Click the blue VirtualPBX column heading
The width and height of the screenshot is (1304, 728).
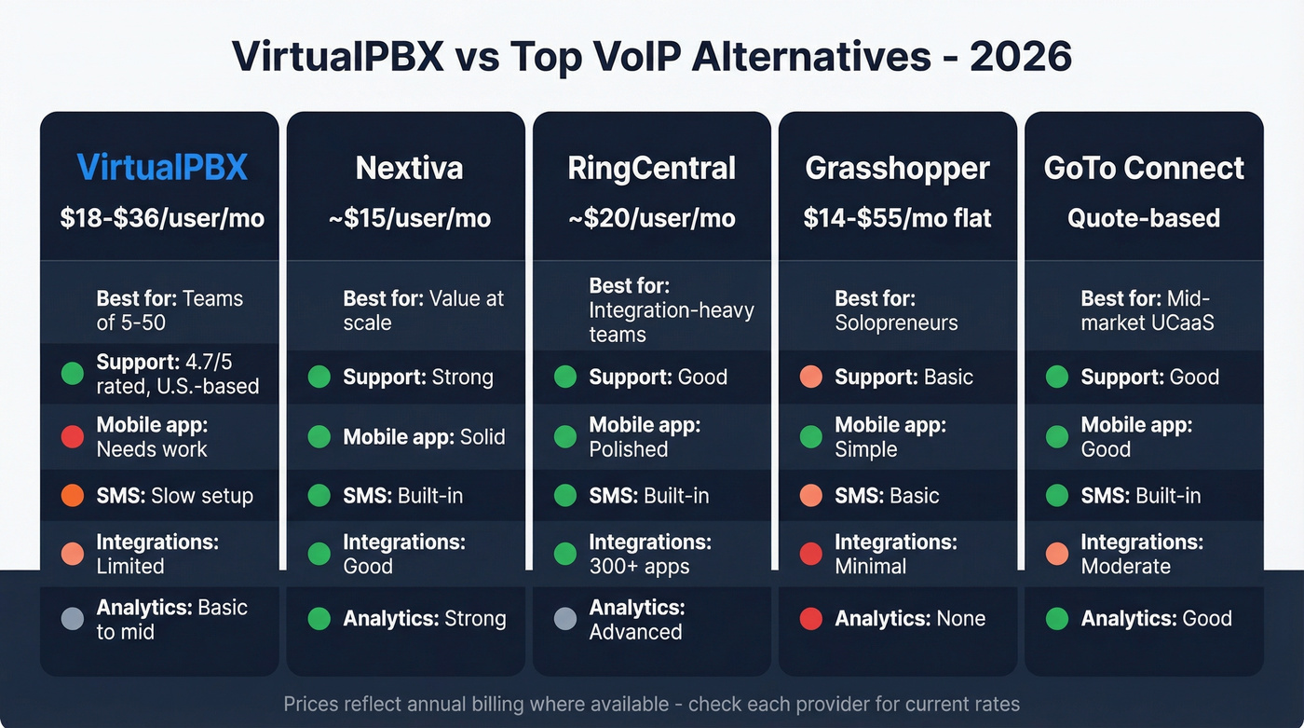point(162,168)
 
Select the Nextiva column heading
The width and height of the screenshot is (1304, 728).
point(409,168)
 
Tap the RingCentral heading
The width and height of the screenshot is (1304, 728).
point(652,168)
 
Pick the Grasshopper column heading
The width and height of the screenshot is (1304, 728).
point(897,168)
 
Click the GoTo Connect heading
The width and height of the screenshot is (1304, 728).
point(1144,168)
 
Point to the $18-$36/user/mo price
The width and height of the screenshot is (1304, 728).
point(162,218)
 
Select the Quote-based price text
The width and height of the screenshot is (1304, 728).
point(1144,218)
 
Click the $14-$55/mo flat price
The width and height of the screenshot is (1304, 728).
point(897,218)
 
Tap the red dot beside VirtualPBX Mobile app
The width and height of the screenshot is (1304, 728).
point(73,436)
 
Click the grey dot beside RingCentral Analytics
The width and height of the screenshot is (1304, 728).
point(565,619)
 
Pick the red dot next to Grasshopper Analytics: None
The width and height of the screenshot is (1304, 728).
point(811,619)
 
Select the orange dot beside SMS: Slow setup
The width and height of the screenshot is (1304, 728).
point(73,496)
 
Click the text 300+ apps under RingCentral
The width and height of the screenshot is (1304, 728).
point(639,566)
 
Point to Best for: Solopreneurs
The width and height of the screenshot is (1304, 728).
point(896,311)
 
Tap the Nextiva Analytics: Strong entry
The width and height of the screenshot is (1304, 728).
point(424,619)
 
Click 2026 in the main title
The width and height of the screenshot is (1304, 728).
point(1020,57)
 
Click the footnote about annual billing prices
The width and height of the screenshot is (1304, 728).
point(651,704)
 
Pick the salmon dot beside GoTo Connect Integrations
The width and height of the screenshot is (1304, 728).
point(1057,554)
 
